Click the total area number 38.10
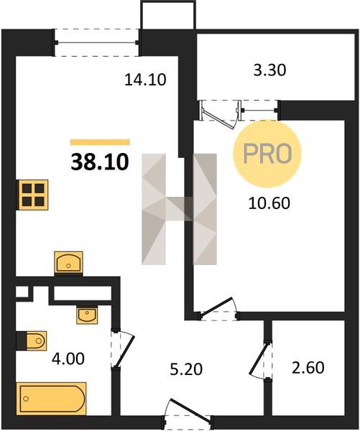pyautogui.click(x=100, y=162)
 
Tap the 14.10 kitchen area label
pyautogui.click(x=145, y=80)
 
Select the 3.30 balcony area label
pyautogui.click(x=269, y=70)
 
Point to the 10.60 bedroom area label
pyautogui.click(x=269, y=203)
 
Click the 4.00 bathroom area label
pyautogui.click(x=68, y=358)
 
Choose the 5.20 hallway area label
pyautogui.click(x=186, y=369)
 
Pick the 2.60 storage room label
pyautogui.click(x=308, y=368)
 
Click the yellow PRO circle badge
pyautogui.click(x=267, y=154)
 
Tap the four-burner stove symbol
pyautogui.click(x=32, y=195)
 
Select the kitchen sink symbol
pyautogui.click(x=68, y=262)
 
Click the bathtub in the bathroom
pyautogui.click(x=51, y=398)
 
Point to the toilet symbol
pyautogui.click(x=32, y=340)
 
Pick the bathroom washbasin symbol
pyautogui.click(x=87, y=315)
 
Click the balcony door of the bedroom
pyautogui.click(x=220, y=114)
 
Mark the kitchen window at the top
pyautogui.click(x=96, y=42)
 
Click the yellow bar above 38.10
pyautogui.click(x=100, y=142)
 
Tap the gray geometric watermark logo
pyautogui.click(x=180, y=209)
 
